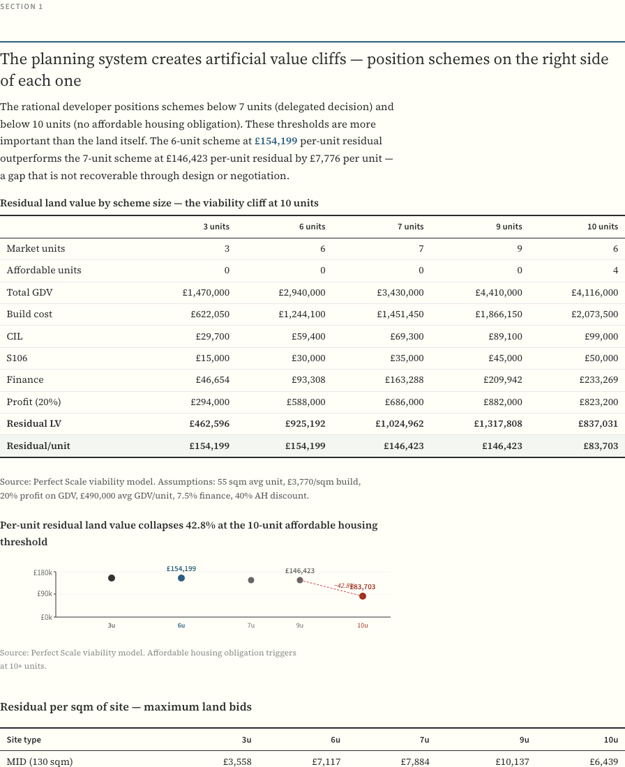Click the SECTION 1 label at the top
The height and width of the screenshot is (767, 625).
pos(22,6)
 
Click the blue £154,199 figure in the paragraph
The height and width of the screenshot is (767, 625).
pos(276,141)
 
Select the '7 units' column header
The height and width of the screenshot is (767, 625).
pos(410,227)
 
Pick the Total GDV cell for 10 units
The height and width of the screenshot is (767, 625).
pos(594,293)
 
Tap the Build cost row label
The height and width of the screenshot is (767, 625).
pos(29,314)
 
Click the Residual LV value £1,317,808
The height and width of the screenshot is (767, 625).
pos(498,424)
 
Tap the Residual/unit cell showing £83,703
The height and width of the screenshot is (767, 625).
pos(601,446)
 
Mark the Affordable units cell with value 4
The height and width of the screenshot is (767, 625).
pos(615,271)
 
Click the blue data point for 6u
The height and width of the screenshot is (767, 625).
pos(181,578)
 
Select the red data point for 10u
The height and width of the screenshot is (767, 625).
pos(363,596)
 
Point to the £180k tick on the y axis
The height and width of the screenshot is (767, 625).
pos(43,572)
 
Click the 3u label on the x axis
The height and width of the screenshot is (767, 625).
pos(112,625)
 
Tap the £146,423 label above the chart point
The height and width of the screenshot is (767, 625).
pos(300,570)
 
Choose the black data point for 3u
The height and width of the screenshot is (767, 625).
pos(112,578)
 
